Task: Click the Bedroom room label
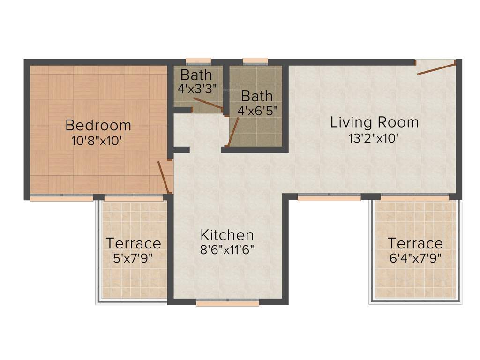pos(98,126)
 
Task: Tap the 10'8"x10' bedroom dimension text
pos(97,141)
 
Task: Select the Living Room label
pos(374,123)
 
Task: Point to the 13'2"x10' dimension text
pos(374,138)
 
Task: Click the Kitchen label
pos(227,235)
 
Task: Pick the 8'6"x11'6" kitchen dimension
pos(227,249)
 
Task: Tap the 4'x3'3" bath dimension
pos(197,88)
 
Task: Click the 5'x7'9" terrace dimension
pos(133,257)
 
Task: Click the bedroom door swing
pos(164,177)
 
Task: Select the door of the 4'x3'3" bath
pos(208,104)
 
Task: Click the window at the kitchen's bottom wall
pos(227,303)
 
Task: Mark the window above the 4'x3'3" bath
pos(198,60)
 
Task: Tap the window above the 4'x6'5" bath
pos(255,60)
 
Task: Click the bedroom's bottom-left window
pos(61,198)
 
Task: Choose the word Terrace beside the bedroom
pos(133,244)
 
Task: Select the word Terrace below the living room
pos(415,244)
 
